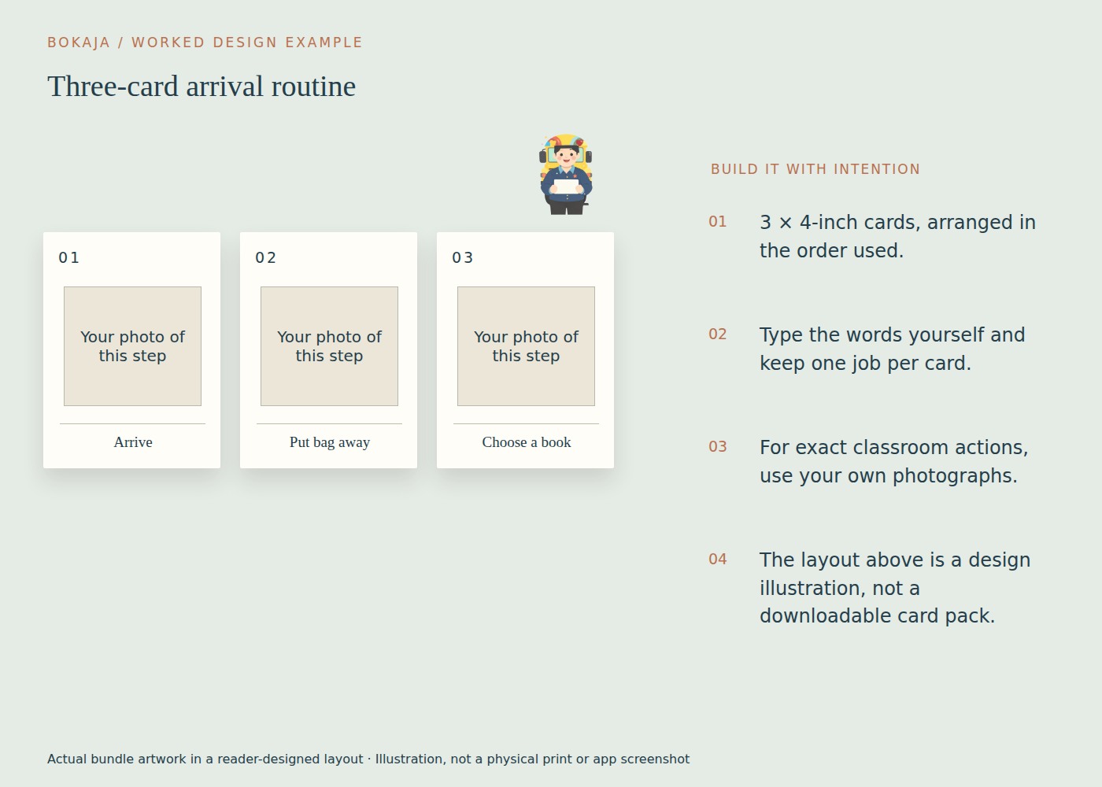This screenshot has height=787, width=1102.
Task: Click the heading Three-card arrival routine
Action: coord(202,87)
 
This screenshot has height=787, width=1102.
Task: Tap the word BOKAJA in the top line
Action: coord(79,42)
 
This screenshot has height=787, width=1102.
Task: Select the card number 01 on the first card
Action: coord(69,258)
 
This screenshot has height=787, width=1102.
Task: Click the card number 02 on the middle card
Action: coord(266,258)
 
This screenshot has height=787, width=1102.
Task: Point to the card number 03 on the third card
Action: coord(463,258)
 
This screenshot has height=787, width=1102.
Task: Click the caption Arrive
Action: coord(133,442)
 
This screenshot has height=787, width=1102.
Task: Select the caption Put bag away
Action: coord(330,442)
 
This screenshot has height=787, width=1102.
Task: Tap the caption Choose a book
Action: coord(527,442)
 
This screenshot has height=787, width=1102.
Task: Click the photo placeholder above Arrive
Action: coord(132,346)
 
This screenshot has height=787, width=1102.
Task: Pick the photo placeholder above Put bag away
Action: coord(329,346)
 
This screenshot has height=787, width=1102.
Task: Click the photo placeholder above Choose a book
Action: coord(526,346)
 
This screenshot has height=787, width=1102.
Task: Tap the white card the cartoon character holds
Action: coord(566,187)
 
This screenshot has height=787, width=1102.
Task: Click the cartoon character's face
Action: coord(566,157)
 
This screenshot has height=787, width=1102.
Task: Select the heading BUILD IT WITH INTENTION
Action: coord(815,169)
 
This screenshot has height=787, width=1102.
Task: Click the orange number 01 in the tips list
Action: coord(717,222)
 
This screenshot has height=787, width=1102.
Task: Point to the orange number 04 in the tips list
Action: coord(717,560)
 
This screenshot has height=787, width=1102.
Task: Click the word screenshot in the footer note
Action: coord(655,759)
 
